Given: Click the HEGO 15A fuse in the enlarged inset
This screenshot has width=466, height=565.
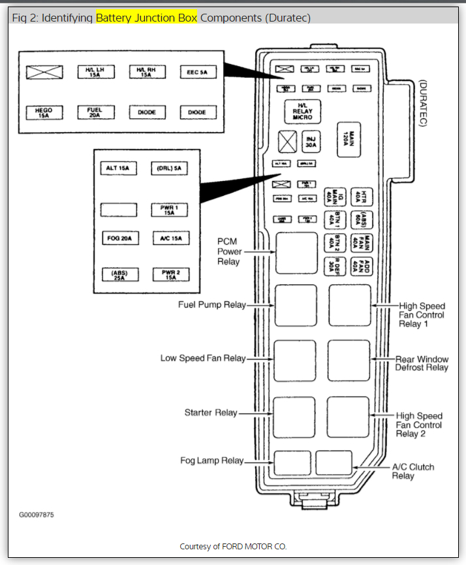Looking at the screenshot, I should click(x=44, y=112).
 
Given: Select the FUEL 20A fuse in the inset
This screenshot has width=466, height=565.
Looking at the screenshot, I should click(x=95, y=112).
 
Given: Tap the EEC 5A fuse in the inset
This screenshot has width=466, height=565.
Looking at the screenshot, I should click(x=198, y=72).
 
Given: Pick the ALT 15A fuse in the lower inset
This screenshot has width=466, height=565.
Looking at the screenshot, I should click(x=118, y=169).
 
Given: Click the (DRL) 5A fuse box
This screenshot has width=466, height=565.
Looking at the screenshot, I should click(x=169, y=169).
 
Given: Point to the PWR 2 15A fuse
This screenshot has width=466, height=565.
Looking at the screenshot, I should click(x=170, y=275).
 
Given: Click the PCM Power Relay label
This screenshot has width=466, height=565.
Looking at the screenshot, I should click(x=229, y=251).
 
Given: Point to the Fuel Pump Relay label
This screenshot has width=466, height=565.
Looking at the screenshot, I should click(x=212, y=305).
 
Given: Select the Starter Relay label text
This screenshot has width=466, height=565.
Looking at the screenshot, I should click(x=211, y=413).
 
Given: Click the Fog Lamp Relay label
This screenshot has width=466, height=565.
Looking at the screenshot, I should click(x=212, y=461).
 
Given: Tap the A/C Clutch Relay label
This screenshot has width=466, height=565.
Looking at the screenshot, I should click(x=412, y=472).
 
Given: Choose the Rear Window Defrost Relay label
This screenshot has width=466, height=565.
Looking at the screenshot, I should click(x=422, y=363).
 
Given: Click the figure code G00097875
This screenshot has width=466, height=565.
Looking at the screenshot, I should click(x=36, y=515).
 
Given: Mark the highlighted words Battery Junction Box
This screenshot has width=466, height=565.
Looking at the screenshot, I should click(x=146, y=18).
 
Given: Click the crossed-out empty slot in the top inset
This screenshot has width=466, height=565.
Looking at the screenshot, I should click(x=44, y=72).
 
